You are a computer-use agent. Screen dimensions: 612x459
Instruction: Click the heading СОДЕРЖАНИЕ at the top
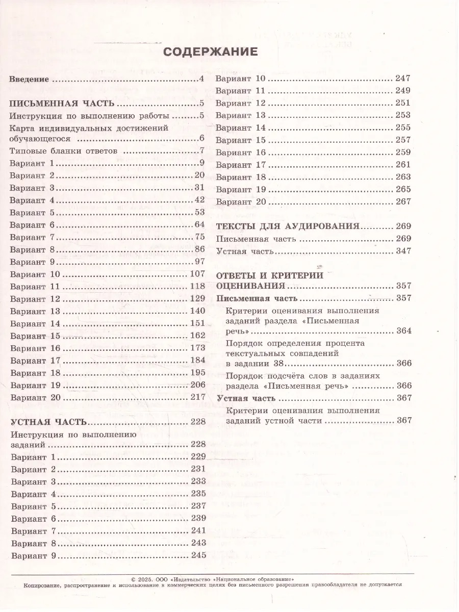point(210,52)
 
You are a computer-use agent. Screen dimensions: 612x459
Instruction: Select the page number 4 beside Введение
point(202,80)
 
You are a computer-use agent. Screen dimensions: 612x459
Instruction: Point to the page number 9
point(202,163)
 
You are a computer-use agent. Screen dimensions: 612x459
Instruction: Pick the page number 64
point(199,224)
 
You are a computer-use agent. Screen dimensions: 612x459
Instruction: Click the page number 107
point(197,274)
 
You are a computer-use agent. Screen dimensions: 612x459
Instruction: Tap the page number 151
point(197,323)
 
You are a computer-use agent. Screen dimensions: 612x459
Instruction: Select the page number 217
point(197,397)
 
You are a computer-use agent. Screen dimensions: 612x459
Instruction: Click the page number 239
point(198,518)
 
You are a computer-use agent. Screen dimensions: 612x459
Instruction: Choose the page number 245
point(198,555)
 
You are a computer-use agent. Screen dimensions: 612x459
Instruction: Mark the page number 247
point(403,79)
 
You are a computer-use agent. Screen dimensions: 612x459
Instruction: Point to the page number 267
point(403,201)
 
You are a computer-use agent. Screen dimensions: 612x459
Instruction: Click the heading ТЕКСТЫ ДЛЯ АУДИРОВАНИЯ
point(289,226)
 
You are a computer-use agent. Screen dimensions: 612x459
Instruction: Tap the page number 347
point(403,251)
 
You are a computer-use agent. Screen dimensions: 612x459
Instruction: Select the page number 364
point(403,331)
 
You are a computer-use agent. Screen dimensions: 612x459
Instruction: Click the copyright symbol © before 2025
point(134,579)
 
